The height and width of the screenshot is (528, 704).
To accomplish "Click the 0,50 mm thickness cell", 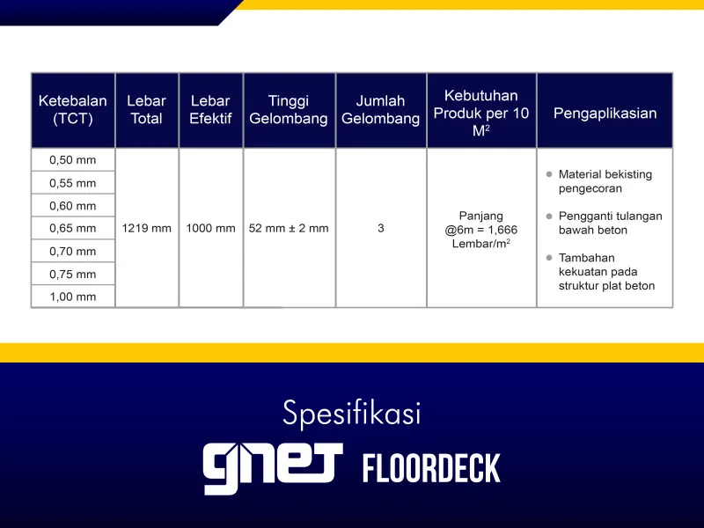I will point(73,160).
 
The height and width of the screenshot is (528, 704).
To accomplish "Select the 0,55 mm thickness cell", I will point(73,183).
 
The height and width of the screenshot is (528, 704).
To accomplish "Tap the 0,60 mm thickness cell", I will point(73,206).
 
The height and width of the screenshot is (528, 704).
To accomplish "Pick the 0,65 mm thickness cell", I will point(73,228).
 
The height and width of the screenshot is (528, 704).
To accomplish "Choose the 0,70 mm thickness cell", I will point(73,251).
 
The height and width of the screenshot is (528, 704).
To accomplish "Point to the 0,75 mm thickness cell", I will point(73,274).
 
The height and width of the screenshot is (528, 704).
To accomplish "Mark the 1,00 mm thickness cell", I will point(73,297).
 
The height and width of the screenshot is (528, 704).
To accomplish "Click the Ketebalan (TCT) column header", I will point(73,110).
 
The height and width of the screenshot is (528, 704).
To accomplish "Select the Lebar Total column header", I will point(146,110).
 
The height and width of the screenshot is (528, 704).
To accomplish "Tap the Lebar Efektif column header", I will point(210,110).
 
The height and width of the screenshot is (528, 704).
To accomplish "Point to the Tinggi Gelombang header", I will point(289,110).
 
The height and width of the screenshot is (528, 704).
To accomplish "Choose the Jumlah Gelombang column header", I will point(380,110).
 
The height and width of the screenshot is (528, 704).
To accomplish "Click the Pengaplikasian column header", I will point(605,113).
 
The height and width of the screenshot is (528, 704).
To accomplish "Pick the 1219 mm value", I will point(146,228).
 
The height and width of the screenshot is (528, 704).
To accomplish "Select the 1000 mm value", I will point(210,228).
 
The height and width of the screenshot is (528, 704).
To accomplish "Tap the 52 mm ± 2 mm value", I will point(289,228).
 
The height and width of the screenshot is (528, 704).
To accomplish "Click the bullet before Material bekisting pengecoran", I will point(548,174).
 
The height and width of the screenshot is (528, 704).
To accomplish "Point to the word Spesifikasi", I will point(352,413).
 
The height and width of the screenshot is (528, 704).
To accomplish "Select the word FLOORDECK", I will point(431,469).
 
